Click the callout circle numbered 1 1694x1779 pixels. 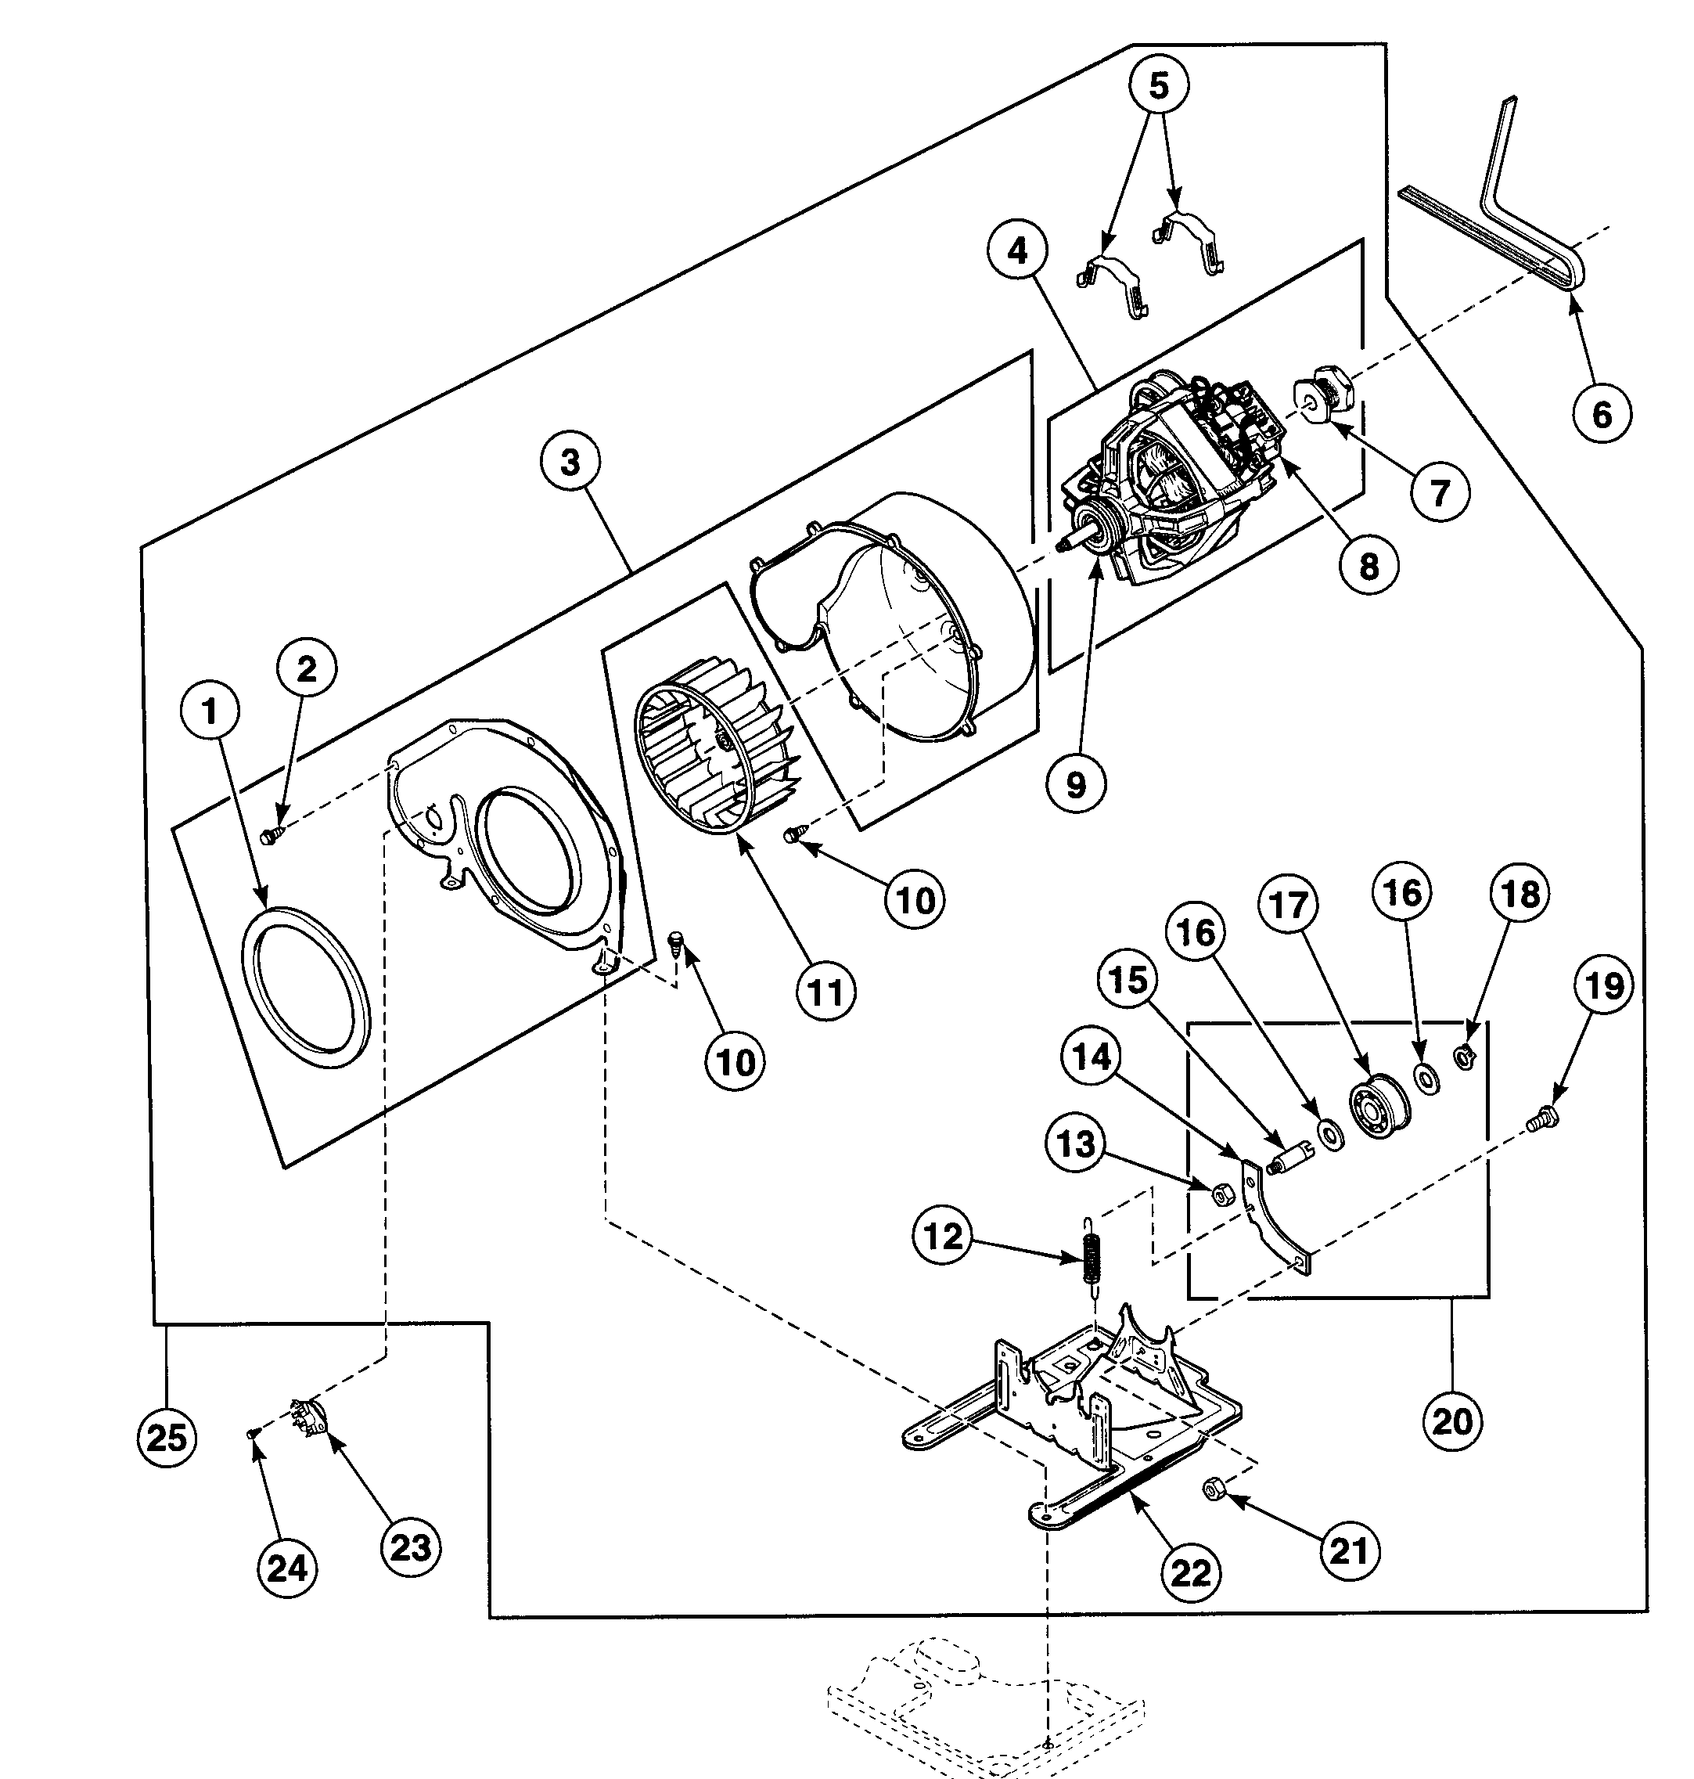210,712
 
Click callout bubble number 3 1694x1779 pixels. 570,463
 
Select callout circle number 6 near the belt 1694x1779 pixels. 1601,415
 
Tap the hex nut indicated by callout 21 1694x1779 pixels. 1214,1490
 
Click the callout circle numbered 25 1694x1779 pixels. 166,1437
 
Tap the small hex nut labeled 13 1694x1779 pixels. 1221,1196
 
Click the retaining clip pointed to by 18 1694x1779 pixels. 1465,1053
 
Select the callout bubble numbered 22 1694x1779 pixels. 1190,1573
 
